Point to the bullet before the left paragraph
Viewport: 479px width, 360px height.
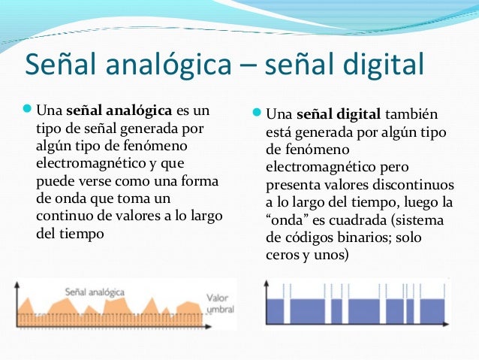pyautogui.click(x=28, y=113)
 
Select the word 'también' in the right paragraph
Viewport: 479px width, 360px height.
pyautogui.click(x=411, y=115)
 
